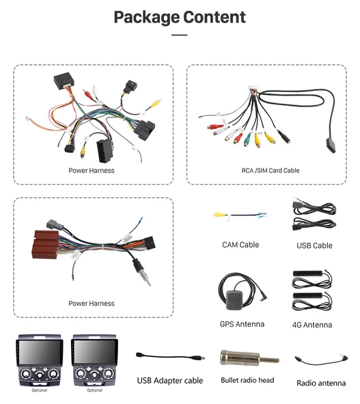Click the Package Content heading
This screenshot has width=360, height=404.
point(180,18)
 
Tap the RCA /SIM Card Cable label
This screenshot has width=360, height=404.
point(271,171)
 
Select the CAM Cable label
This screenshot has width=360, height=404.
point(240,245)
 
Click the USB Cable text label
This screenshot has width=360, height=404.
point(314,246)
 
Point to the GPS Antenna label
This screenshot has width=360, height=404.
point(242,324)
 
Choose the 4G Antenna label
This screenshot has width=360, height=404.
point(312,325)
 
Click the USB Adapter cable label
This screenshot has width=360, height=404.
point(170,381)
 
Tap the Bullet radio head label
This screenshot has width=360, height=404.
point(247,380)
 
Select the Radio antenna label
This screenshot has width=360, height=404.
point(321,383)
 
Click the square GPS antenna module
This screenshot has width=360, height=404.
point(234,300)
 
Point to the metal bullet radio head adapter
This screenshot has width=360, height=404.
point(249,358)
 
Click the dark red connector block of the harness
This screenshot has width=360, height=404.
point(46,244)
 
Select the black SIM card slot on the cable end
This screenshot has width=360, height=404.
point(331,145)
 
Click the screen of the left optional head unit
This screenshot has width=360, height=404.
point(40,352)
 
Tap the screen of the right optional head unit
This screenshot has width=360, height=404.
point(94,352)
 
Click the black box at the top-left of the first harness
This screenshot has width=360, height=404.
point(62,81)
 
